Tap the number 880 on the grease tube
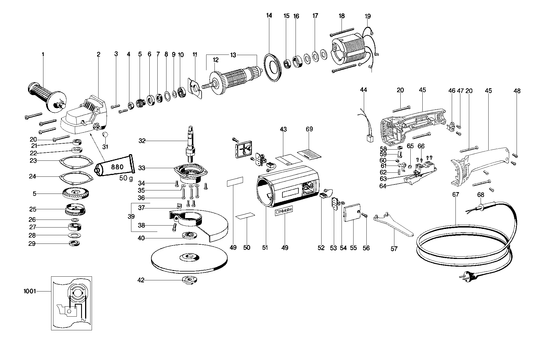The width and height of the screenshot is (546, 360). tap(117, 167)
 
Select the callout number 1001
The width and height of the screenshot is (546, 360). tap(30, 291)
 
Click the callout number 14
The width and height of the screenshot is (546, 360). tap(269, 15)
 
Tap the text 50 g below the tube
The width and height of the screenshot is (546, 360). tap(126, 178)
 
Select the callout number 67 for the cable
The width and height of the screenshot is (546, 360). tap(455, 194)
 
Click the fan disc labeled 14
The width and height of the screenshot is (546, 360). tap(272, 68)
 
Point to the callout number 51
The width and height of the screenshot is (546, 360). tap(265, 248)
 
